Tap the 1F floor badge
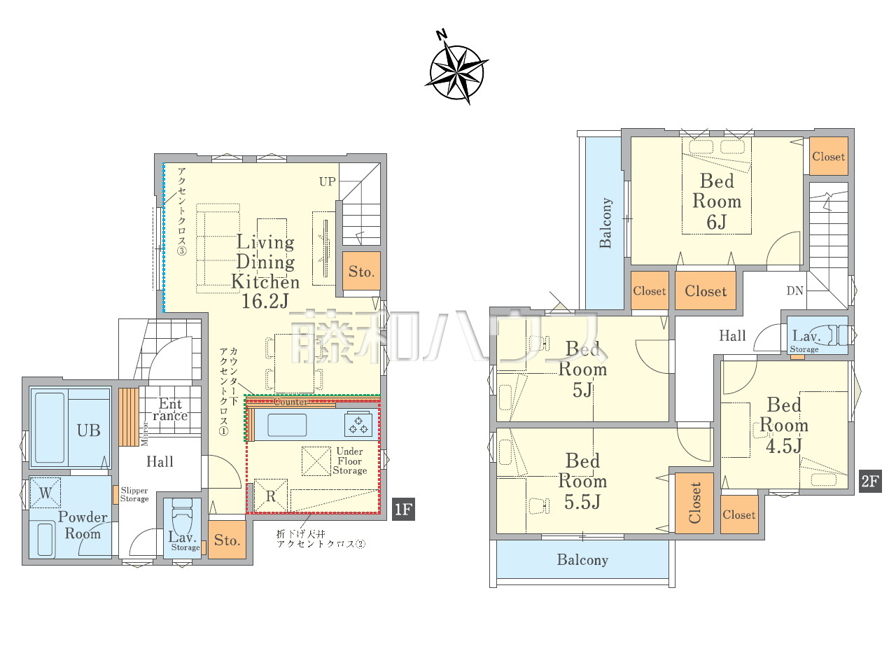403,509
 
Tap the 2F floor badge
870,481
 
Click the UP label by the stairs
328,181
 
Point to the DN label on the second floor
794,290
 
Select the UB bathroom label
89,430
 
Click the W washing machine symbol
45,493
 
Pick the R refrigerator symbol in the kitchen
271,496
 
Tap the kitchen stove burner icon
358,424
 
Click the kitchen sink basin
287,425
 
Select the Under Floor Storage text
350,461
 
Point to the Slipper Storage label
134,494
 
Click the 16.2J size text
265,301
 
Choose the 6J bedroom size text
716,222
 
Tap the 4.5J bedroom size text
784,445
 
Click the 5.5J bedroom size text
582,501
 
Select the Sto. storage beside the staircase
361,272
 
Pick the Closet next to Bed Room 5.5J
694,503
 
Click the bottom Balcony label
582,559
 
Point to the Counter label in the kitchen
290,402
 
